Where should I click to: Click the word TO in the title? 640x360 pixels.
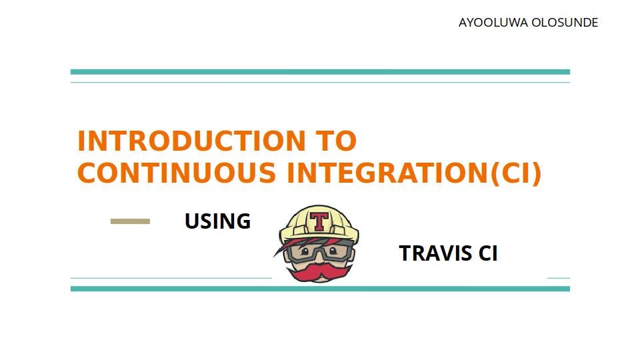point(335,141)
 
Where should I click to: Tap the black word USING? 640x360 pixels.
point(217,221)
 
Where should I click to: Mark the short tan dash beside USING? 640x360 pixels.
point(130,221)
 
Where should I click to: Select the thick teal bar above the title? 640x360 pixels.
point(320,72)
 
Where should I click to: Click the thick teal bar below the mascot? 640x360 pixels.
point(320,289)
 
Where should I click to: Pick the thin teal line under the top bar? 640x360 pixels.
point(320,83)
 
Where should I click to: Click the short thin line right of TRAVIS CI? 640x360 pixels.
point(559,278)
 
